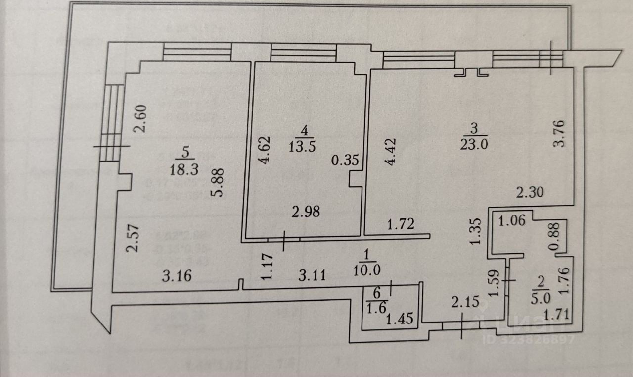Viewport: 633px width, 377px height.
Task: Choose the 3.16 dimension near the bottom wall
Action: (176, 275)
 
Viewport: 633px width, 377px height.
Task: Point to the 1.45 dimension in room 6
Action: (399, 318)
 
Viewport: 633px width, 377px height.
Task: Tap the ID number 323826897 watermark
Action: (528, 340)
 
